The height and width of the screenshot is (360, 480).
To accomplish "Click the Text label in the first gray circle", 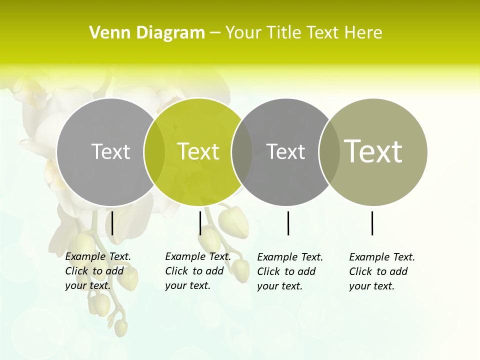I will click(x=110, y=151).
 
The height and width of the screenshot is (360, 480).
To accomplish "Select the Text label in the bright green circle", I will click(x=198, y=151).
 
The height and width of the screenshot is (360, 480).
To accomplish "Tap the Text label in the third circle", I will click(x=285, y=151).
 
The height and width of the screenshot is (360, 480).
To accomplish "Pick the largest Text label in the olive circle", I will click(x=373, y=151).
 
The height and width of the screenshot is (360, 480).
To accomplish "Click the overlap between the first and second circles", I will click(x=154, y=151).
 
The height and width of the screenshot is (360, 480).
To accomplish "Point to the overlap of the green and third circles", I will click(x=242, y=151).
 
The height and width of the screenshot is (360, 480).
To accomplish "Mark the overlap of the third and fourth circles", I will click(x=329, y=151).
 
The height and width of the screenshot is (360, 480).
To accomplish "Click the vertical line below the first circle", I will click(x=112, y=223).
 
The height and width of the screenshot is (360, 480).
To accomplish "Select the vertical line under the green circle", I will click(x=200, y=223).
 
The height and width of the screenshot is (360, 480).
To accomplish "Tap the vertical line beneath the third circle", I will click(x=288, y=223).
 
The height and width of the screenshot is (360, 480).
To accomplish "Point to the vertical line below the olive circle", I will click(x=372, y=223).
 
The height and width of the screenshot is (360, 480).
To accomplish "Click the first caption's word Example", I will click(x=85, y=256).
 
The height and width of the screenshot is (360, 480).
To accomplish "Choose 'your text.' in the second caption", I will click(x=187, y=285).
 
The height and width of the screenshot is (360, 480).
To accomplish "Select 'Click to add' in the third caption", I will click(x=286, y=271).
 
